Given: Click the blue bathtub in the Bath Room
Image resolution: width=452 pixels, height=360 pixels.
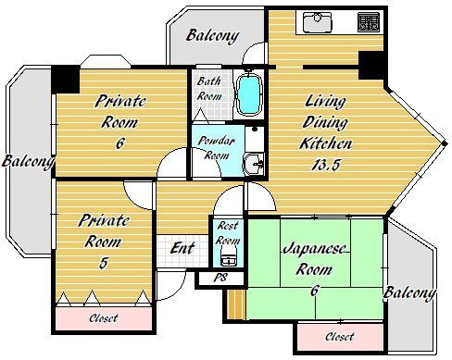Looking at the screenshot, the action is tap(249, 94).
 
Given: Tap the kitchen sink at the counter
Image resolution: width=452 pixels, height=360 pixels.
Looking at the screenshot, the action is tap(317, 22).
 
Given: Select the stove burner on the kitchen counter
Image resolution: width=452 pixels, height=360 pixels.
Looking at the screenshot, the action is tap(369, 22).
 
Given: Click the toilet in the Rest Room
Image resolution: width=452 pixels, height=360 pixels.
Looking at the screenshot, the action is tap(229, 259).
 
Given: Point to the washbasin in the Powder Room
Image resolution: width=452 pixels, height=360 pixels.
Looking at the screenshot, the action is tap(254, 164).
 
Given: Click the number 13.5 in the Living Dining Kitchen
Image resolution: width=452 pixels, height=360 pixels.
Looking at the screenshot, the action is tap(326, 165).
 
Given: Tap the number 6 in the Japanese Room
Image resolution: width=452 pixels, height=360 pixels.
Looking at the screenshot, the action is tap(314, 291).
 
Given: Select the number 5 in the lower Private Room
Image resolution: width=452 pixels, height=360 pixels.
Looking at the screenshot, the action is tap(103, 263).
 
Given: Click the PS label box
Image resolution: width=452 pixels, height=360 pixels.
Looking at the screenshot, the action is tap(221, 279).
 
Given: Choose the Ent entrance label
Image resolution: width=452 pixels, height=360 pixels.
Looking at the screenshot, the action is tap(182, 248).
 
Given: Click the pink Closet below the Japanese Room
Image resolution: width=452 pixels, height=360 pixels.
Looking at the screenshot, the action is tap(340, 336).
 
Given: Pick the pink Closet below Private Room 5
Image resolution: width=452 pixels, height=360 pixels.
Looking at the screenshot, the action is tap(104, 318).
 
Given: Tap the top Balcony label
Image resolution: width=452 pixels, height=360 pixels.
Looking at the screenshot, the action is tap(213, 36).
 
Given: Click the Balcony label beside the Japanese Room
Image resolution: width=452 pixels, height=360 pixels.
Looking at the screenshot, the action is tap(409, 293).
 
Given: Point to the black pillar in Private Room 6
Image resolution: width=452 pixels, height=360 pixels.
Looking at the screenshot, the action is tap(66, 79).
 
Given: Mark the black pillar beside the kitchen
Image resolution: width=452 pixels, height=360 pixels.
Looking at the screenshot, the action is tap(371, 66).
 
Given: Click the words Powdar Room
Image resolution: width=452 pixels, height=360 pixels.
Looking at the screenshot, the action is tap(215, 148).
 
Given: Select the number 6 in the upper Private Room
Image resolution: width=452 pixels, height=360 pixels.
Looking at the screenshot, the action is tap(120, 143).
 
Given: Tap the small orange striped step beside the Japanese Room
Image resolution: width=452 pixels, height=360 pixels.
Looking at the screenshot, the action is tap(236, 304).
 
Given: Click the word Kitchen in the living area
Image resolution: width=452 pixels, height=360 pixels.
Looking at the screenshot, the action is tap(325, 143).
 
